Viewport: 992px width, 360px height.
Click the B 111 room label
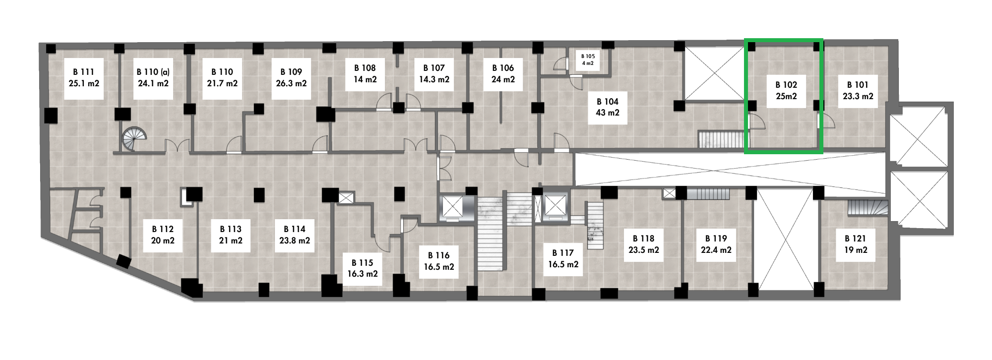coord(84,72)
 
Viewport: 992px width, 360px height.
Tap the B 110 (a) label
coord(153,72)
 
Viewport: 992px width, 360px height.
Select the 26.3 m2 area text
coord(291,83)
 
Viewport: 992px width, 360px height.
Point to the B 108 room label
coord(365,68)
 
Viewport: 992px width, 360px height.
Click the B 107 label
coord(434,68)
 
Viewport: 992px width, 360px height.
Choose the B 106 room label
coord(503,68)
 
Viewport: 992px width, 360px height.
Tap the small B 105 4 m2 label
coord(588,60)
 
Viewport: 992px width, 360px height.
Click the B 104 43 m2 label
coord(608,107)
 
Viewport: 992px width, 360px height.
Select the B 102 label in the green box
coord(786,85)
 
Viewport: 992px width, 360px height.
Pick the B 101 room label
coord(858,85)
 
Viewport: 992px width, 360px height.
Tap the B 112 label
coord(163,229)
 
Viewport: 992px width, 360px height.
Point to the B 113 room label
coord(231,229)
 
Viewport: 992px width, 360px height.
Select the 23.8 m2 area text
coord(295,240)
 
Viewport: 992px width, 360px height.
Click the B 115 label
coord(362,263)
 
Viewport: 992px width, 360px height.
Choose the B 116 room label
coord(438,255)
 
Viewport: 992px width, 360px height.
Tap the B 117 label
coord(563,253)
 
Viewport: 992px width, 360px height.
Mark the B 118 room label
coord(643,239)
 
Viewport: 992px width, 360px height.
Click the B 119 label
coord(716,239)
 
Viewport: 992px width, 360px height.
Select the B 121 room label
coord(856,239)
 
